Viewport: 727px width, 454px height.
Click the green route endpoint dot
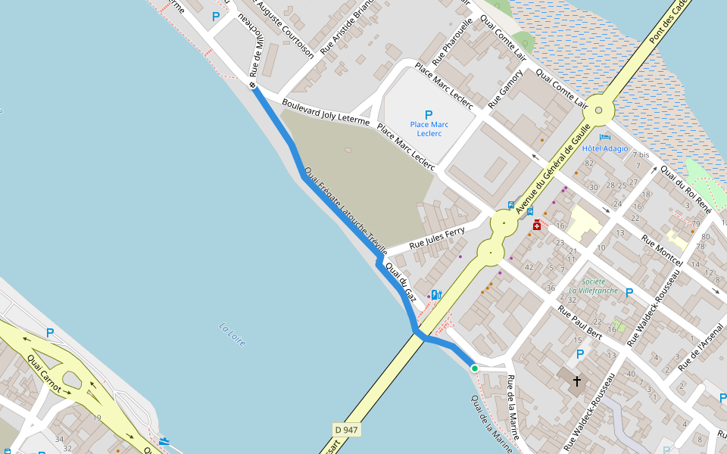[x=475, y=368]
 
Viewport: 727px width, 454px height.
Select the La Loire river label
[x=232, y=334]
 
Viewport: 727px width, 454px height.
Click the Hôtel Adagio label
[x=605, y=148]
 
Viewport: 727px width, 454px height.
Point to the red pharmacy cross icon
[x=537, y=225]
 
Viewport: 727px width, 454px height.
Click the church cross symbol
[x=577, y=381]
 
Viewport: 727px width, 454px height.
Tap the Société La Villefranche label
[x=594, y=285]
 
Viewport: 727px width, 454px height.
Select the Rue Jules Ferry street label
[x=437, y=239]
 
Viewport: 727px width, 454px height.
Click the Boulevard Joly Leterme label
[x=325, y=112]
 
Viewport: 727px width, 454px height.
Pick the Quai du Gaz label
[x=401, y=282]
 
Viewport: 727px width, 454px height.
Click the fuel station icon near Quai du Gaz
[x=435, y=295]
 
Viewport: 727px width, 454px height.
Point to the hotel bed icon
[x=604, y=137]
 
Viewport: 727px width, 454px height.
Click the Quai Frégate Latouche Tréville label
[x=345, y=210]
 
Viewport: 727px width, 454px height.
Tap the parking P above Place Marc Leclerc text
[x=429, y=114]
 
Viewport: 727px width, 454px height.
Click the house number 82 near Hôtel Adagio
[x=588, y=163]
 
